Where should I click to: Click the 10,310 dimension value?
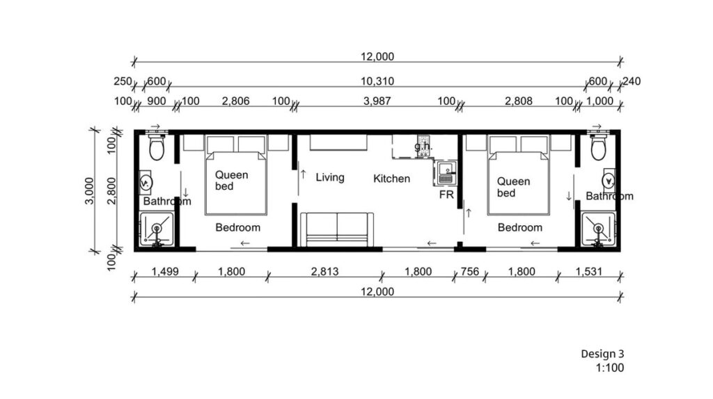pos(377,81)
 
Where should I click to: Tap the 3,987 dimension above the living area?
pos(377,101)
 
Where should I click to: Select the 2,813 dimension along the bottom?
pos(324,272)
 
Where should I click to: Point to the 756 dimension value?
pos(470,272)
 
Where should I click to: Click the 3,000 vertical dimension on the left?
pos(89,190)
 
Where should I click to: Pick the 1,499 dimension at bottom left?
pos(164,272)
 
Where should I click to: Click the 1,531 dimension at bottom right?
pos(589,272)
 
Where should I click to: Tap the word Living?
pos(330,177)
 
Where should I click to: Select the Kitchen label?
pos(391,179)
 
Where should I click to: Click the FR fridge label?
pos(446,195)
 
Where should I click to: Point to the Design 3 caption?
pos(602,354)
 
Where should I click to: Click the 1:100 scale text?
pos(610,368)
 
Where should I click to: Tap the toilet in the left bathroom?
pos(157,146)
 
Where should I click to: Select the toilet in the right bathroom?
pos(598,146)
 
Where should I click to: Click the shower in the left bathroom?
pos(157,229)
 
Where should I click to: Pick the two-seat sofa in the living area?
pos(337,229)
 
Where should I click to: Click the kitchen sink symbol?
pos(446,174)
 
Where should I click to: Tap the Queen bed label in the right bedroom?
pos(513,187)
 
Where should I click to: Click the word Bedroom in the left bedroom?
pos(238,227)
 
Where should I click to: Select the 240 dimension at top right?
pos(632,81)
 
